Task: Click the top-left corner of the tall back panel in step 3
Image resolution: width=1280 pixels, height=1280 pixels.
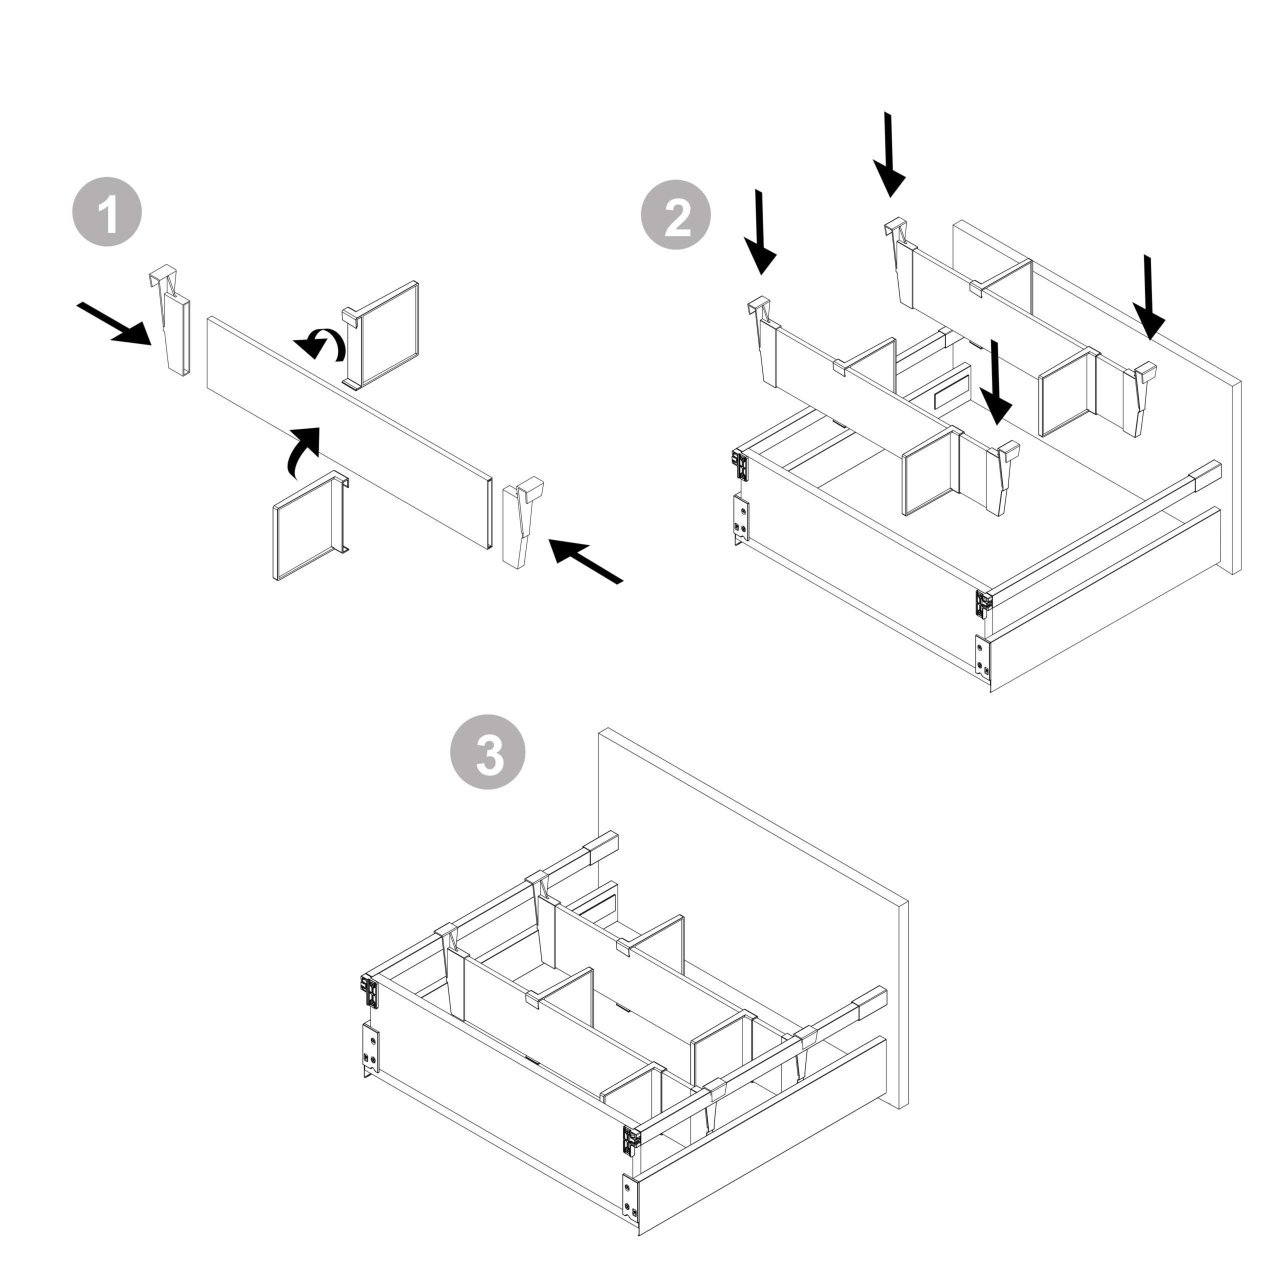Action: click(x=599, y=730)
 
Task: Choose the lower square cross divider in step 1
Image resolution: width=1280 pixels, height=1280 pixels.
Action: click(x=310, y=526)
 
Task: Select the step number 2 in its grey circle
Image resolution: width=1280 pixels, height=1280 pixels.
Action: click(x=676, y=215)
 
